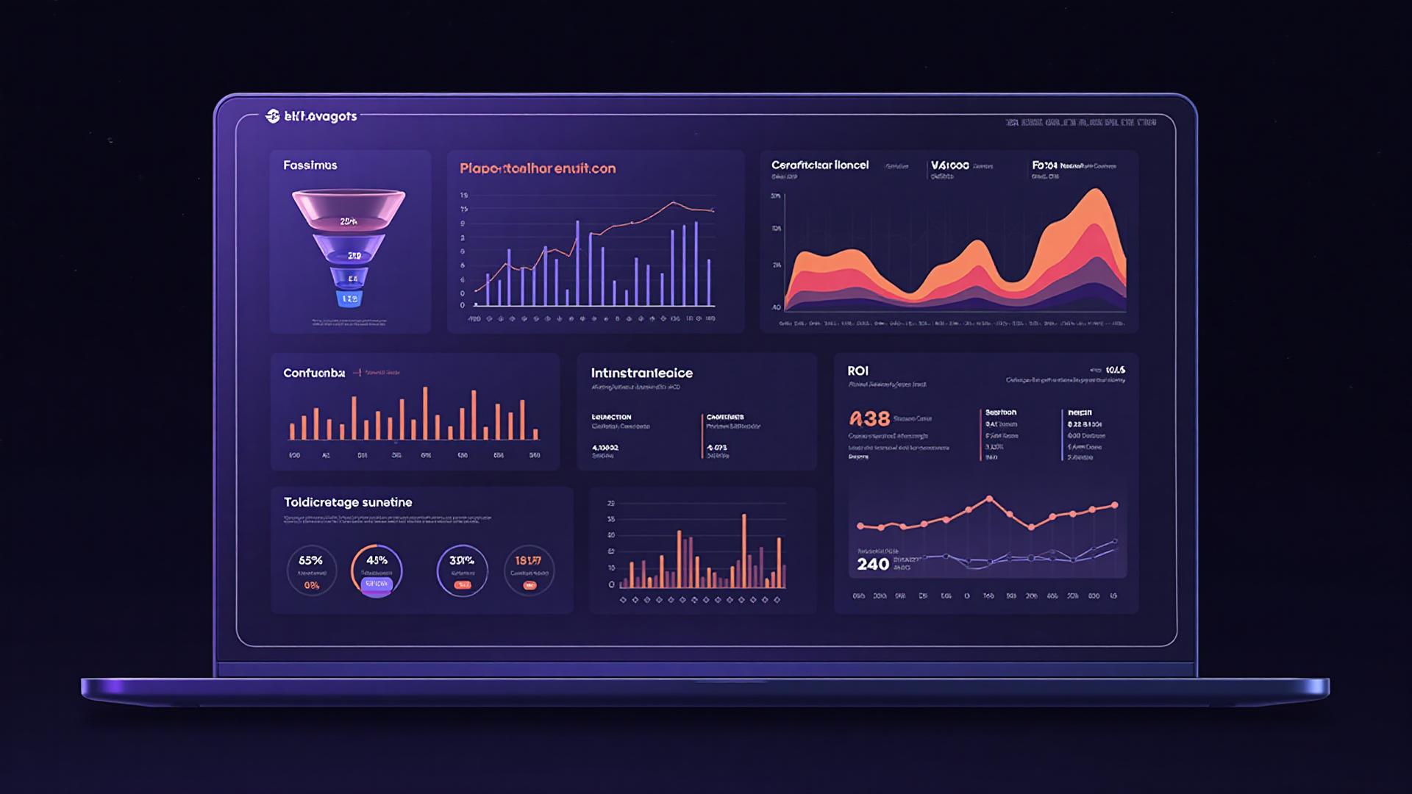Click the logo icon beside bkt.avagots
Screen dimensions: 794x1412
[272, 116]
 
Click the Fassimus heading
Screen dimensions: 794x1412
[310, 165]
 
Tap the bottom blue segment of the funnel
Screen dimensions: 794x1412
[349, 299]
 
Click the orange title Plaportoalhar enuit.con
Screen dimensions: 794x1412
[538, 168]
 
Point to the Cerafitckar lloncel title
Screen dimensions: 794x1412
[819, 165]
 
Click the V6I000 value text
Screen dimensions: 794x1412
[949, 165]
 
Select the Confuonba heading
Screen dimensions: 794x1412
[314, 373]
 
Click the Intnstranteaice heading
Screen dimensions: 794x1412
[641, 373]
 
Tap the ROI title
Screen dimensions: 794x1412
[857, 371]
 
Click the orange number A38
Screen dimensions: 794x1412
[869, 419]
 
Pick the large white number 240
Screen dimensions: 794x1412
[873, 565]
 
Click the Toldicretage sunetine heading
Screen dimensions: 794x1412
[348, 502]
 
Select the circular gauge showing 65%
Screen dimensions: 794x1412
[311, 571]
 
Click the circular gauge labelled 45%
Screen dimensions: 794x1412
[377, 571]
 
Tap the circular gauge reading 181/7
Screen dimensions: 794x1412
[529, 571]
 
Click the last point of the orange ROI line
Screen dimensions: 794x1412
[1115, 505]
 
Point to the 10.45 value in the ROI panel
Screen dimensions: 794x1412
[1115, 370]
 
